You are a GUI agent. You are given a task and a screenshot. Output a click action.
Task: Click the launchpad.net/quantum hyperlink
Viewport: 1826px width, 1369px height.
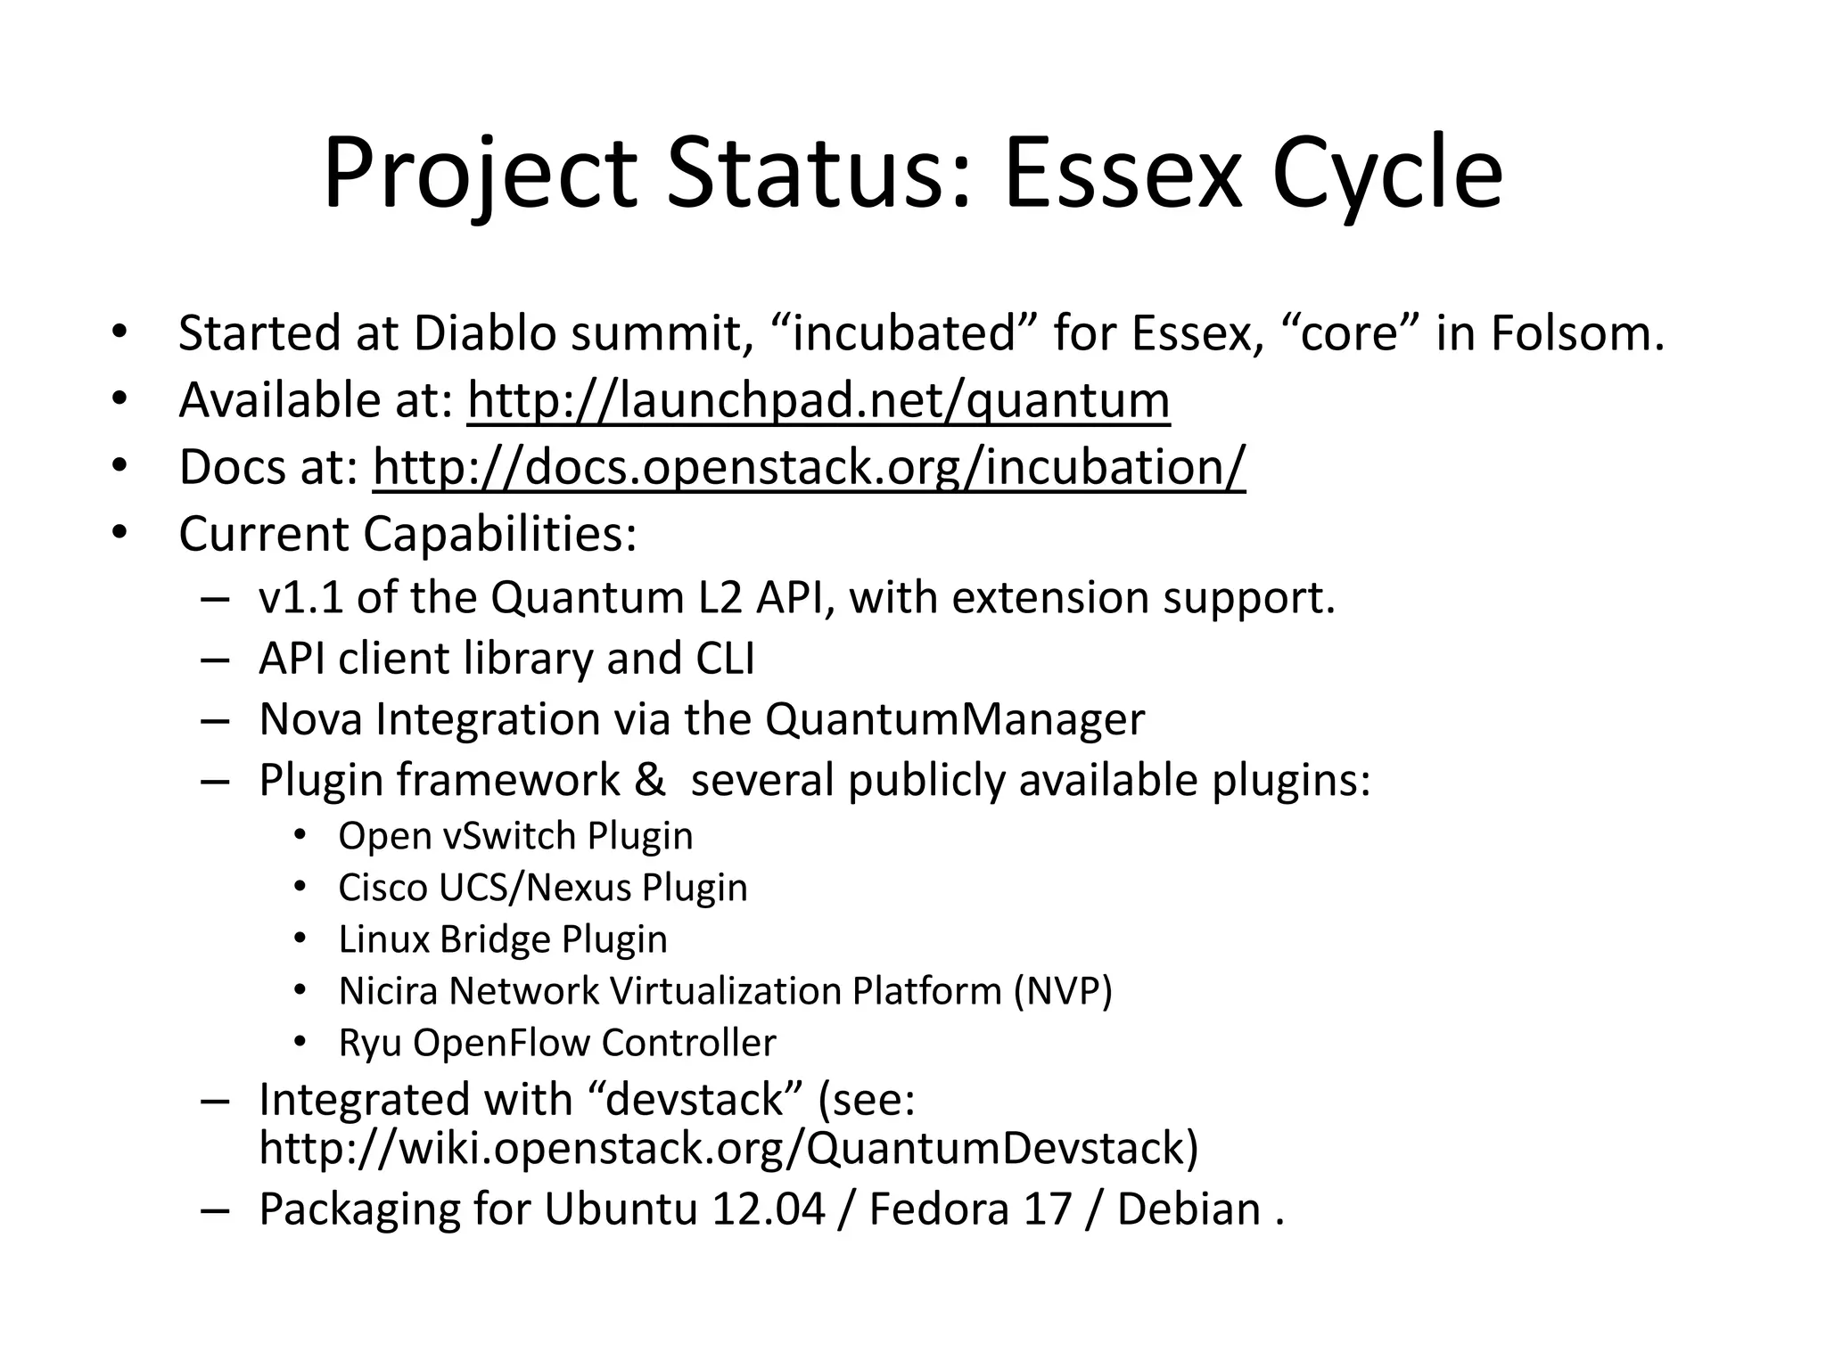pyautogui.click(x=818, y=400)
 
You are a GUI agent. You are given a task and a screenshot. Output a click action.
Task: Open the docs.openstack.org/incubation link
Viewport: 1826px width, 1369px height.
pyautogui.click(x=809, y=467)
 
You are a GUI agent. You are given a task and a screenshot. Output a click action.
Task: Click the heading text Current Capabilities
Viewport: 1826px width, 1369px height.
pyautogui.click(x=407, y=534)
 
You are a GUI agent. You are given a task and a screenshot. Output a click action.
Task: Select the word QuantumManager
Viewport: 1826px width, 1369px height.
pyautogui.click(x=954, y=719)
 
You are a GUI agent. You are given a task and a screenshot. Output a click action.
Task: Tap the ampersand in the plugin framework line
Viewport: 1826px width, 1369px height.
pyautogui.click(x=650, y=780)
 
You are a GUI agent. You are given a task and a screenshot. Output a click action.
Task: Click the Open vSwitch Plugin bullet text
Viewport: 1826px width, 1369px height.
pyautogui.click(x=515, y=836)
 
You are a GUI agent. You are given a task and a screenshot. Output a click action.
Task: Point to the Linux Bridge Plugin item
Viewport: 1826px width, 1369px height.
pyautogui.click(x=503, y=939)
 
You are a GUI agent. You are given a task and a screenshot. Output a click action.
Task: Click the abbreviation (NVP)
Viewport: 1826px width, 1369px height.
pyautogui.click(x=1062, y=991)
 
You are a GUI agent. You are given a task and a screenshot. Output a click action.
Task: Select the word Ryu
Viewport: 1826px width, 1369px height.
pyautogui.click(x=369, y=1043)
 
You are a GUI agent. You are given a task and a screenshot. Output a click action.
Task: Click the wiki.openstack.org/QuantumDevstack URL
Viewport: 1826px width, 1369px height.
pyautogui.click(x=728, y=1148)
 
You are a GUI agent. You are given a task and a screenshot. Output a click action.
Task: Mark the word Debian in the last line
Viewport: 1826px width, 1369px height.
pyautogui.click(x=1189, y=1209)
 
